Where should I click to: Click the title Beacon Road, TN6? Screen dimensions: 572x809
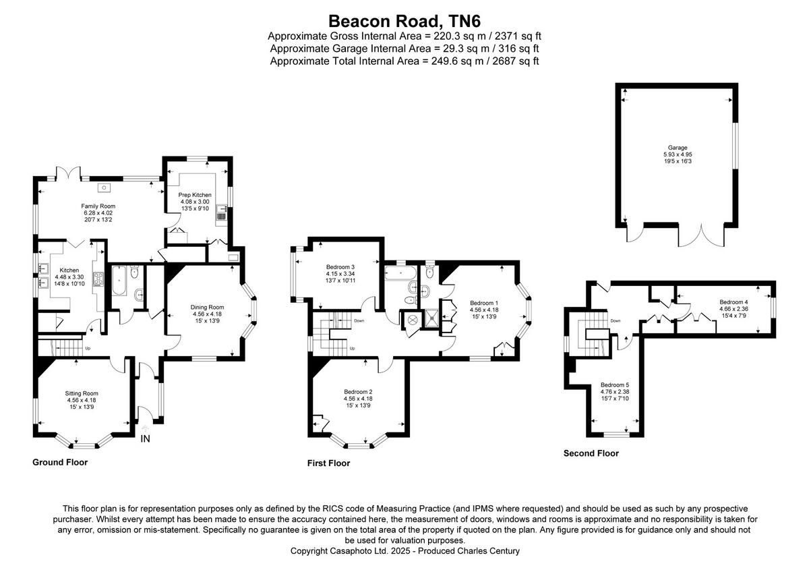pyautogui.click(x=404, y=21)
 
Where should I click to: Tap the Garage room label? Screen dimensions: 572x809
pyautogui.click(x=678, y=147)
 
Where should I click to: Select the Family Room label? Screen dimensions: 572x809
pyautogui.click(x=98, y=206)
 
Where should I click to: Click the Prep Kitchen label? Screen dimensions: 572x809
pyautogui.click(x=195, y=194)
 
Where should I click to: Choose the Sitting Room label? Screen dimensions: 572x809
pyautogui.click(x=82, y=393)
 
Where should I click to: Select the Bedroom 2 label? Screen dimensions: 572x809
pyautogui.click(x=358, y=392)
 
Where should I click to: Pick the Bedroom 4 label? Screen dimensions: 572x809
pyautogui.click(x=734, y=302)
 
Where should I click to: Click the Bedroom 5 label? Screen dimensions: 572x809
pyautogui.click(x=614, y=385)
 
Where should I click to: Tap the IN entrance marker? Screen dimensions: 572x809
pyautogui.click(x=145, y=439)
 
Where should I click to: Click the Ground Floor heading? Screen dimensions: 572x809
pyautogui.click(x=60, y=463)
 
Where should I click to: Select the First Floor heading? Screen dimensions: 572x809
pyautogui.click(x=328, y=463)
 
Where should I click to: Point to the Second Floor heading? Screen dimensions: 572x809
pyautogui.click(x=591, y=453)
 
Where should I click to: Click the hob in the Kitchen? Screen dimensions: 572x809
pyautogui.click(x=97, y=279)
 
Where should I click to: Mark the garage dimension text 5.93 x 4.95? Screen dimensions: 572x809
pyautogui.click(x=678, y=154)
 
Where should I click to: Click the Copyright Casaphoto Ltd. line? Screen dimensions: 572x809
pyautogui.click(x=404, y=551)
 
